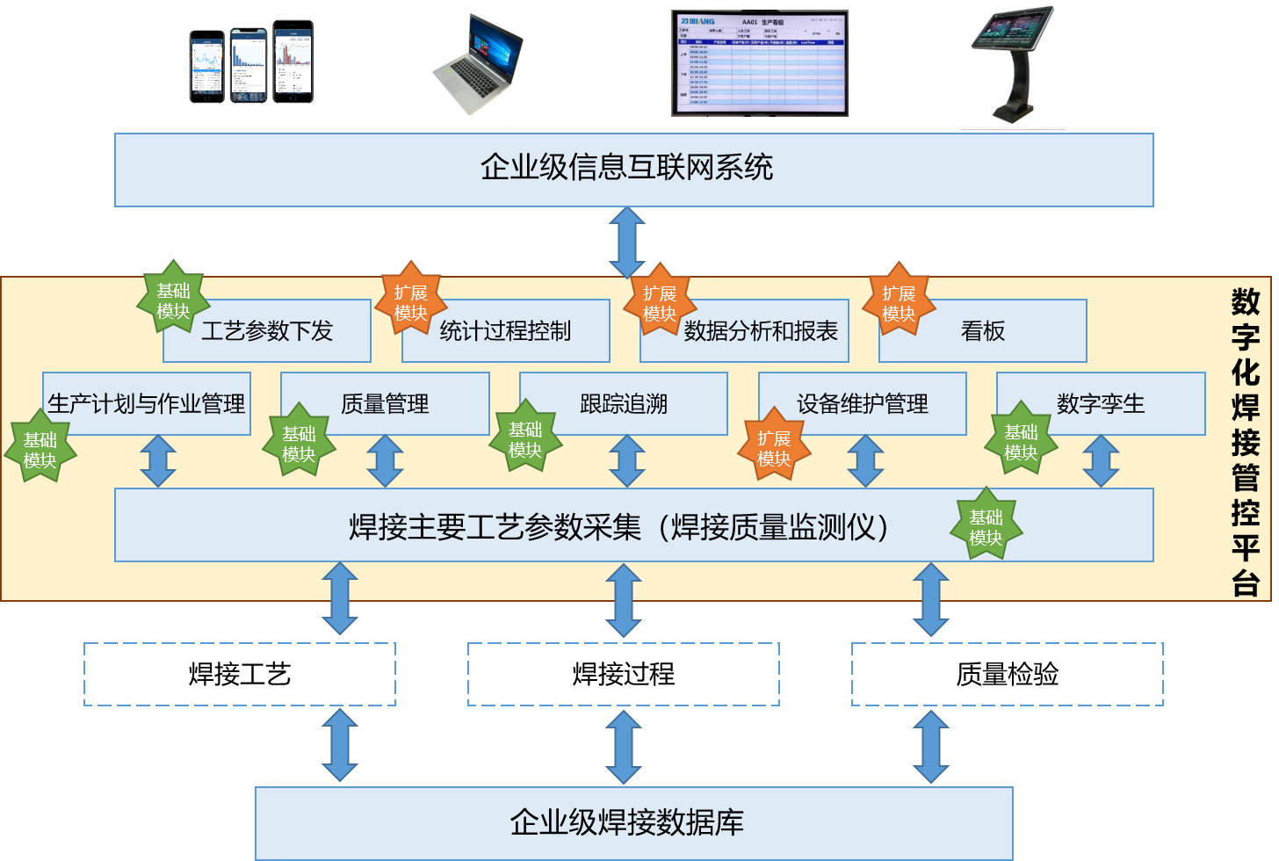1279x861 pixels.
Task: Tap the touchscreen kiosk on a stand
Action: coord(1013,63)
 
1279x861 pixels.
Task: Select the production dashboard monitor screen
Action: coord(759,63)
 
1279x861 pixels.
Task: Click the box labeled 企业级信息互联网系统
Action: coord(633,170)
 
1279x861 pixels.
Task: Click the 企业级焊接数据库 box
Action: coord(633,822)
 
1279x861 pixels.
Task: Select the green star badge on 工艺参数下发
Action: coord(173,300)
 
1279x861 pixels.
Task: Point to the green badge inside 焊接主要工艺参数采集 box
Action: coord(986,526)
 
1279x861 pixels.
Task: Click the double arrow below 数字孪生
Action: coord(1101,461)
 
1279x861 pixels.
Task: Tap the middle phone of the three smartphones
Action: coord(249,65)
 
